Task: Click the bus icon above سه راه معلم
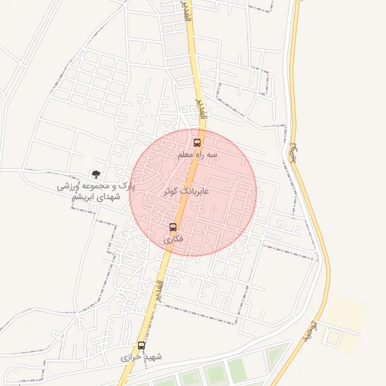click(x=197, y=142)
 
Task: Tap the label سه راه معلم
click(x=197, y=155)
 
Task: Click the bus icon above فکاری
click(x=173, y=227)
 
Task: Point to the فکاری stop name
click(x=173, y=239)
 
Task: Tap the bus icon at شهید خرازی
click(x=142, y=345)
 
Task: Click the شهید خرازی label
click(x=142, y=357)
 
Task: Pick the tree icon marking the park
click(x=95, y=174)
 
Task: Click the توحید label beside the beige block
click(x=309, y=329)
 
